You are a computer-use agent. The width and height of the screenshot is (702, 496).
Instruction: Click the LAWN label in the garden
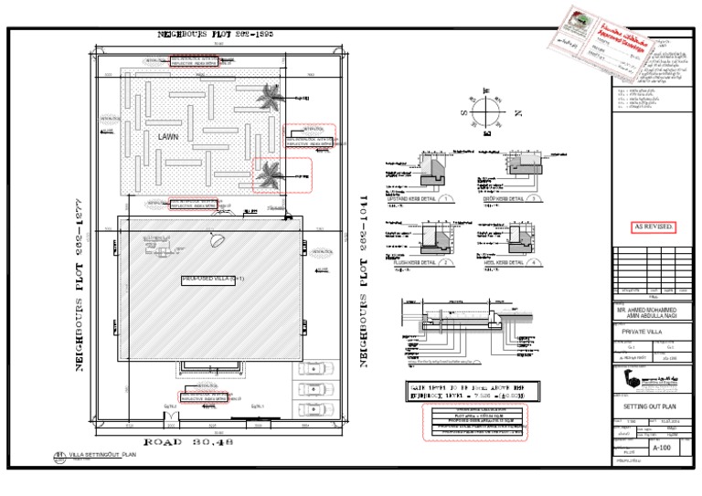pyautogui.click(x=168, y=136)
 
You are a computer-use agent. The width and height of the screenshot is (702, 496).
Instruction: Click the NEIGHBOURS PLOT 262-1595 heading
pyautogui.click(x=216, y=34)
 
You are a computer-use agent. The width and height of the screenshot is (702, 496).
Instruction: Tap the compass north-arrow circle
pyautogui.click(x=487, y=112)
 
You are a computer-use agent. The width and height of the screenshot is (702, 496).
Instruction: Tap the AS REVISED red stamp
pyautogui.click(x=654, y=226)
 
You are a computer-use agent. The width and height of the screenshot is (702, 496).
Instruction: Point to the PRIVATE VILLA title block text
pyautogui.click(x=642, y=333)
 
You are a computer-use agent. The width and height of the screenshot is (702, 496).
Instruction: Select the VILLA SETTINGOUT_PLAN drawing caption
pyautogui.click(x=101, y=454)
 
